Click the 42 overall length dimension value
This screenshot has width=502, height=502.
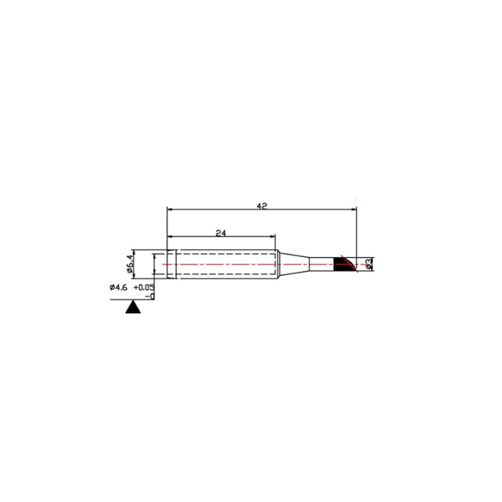(262, 206)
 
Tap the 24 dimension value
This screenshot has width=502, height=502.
(220, 233)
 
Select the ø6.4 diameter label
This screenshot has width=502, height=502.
(130, 264)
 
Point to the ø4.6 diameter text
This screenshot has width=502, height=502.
(119, 287)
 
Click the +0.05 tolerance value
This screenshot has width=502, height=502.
(144, 287)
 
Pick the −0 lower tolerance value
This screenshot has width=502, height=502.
(150, 296)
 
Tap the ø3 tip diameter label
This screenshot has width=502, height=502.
(369, 264)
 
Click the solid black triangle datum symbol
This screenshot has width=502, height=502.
(133, 307)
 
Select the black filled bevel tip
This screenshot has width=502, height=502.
(342, 264)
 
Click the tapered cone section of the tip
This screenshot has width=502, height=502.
(294, 264)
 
